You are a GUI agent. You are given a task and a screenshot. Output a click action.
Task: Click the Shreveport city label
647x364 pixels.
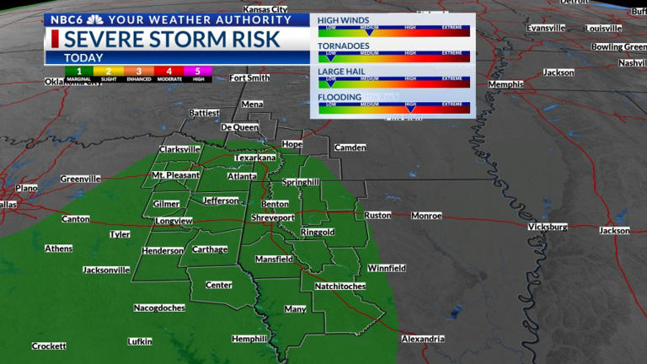point(274,217)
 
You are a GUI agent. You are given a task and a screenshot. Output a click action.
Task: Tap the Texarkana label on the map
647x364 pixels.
point(255,158)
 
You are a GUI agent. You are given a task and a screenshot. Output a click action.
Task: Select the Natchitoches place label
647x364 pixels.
point(340,286)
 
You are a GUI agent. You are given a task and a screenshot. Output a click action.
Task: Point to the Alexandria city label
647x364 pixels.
point(422,339)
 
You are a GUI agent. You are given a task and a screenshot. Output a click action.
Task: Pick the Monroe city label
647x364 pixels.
point(425,216)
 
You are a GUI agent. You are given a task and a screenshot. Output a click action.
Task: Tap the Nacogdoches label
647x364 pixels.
point(159,308)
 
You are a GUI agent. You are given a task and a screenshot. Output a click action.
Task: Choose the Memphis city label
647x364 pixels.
point(505,85)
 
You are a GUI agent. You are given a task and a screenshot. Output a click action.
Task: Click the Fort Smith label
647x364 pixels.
point(249,78)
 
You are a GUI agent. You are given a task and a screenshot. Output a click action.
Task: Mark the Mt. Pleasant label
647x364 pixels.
point(175,175)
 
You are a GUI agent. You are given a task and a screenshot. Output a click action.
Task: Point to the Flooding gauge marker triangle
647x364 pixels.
point(411,107)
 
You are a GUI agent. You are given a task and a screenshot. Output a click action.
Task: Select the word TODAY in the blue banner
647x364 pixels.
point(83,57)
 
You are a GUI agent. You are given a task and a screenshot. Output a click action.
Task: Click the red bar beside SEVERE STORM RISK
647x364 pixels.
point(55,39)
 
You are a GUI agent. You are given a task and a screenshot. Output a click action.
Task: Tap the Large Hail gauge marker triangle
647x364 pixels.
point(330,83)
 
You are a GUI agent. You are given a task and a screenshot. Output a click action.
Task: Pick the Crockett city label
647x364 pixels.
point(49,346)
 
